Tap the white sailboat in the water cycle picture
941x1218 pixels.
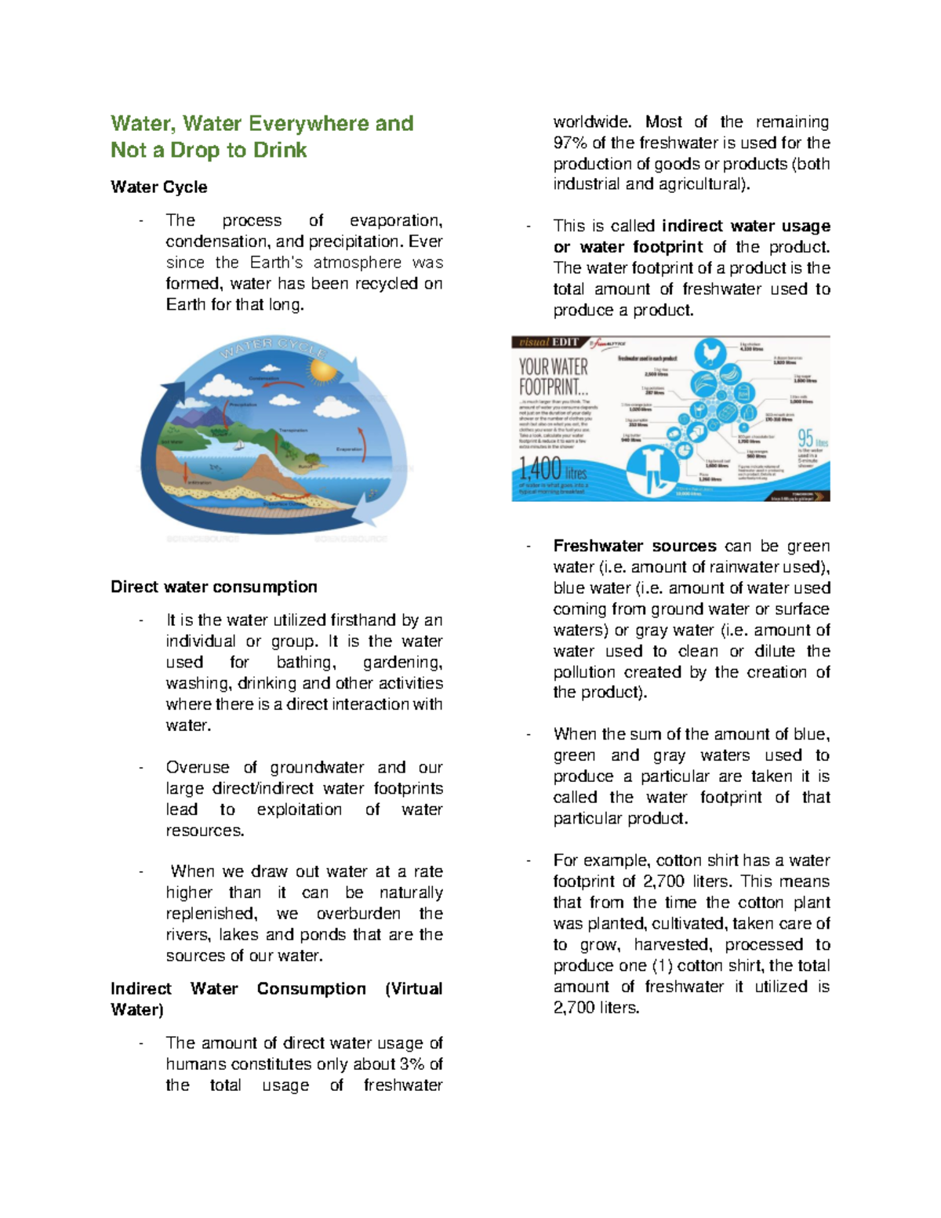[x=239, y=445]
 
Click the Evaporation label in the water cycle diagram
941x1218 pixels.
[x=349, y=449]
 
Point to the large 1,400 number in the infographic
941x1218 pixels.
[x=541, y=469]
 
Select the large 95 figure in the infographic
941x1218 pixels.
[x=805, y=438]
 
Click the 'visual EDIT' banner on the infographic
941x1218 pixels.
[x=549, y=342]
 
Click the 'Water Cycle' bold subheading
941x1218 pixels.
[x=159, y=187]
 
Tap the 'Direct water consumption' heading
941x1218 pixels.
[x=214, y=587]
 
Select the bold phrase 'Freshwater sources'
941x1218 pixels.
[x=634, y=546]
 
